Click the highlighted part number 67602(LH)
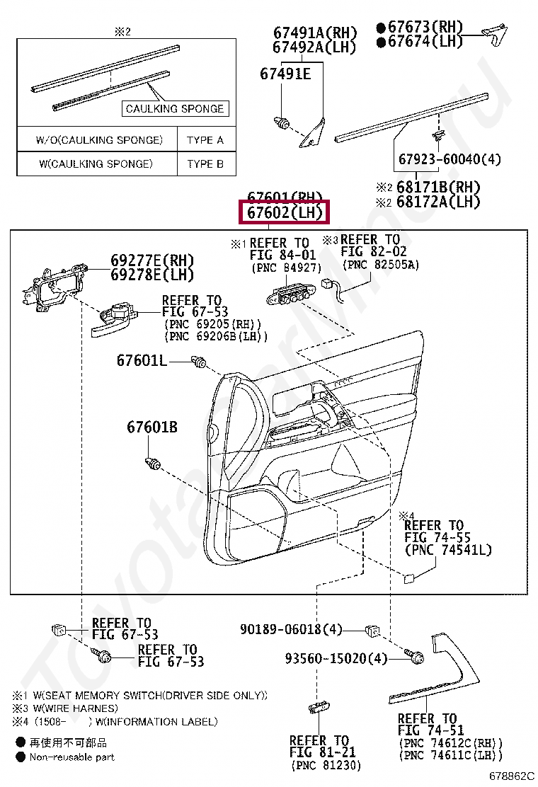coord(285,213)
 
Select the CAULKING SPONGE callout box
coord(174,108)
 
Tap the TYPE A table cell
coord(205,140)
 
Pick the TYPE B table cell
coord(205,164)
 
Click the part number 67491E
coord(285,73)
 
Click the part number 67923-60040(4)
coord(450,160)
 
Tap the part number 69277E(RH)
coord(151,260)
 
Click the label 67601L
coord(142,361)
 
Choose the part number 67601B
coord(152,427)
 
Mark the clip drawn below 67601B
coord(151,464)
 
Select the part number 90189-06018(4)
coord(291,628)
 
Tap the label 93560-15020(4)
coord(336,658)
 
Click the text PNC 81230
coord(325,765)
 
